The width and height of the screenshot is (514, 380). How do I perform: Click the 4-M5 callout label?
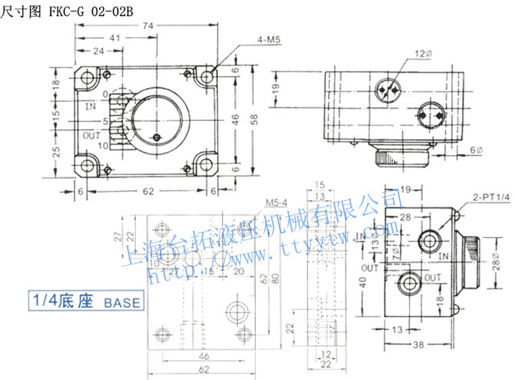(x=268, y=40)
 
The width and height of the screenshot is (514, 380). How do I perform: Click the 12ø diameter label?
(x=423, y=53)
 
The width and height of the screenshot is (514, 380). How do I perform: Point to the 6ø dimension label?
(x=476, y=149)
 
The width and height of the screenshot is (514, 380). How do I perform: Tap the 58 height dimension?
(x=254, y=119)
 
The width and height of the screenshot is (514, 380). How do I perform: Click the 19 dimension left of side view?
(x=275, y=88)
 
